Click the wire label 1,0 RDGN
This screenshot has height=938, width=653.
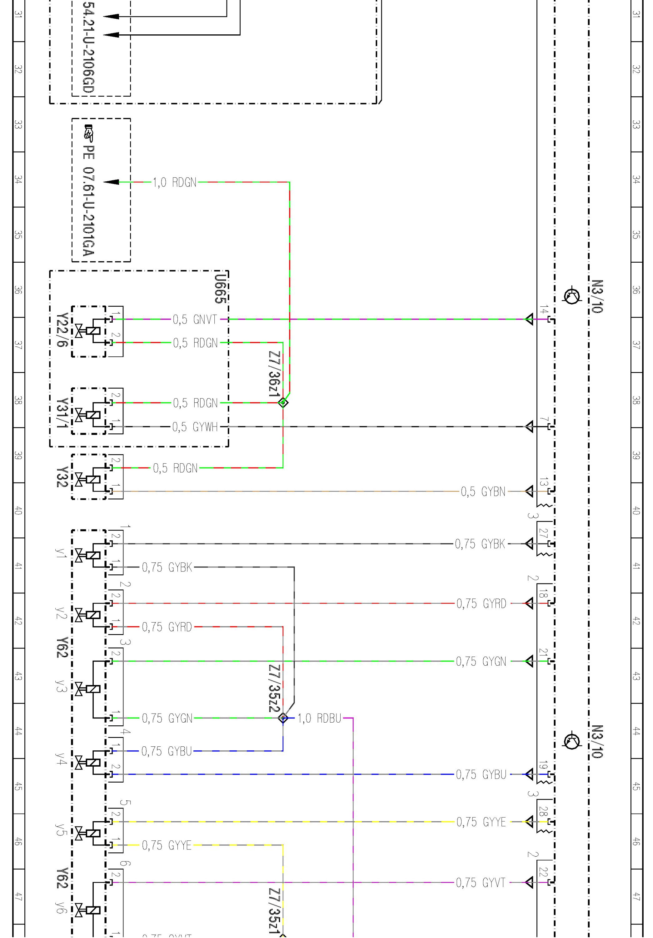click(x=174, y=182)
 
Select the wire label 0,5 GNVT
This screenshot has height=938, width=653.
click(x=195, y=320)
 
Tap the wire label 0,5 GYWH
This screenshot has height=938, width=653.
click(x=195, y=427)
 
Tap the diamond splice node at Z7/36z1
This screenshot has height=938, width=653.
click(x=283, y=403)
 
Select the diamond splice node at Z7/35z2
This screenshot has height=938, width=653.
click(x=283, y=718)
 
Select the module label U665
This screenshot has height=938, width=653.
click(x=220, y=288)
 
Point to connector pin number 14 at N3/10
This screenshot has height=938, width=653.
click(x=544, y=309)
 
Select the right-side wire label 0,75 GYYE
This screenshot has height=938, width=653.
click(x=481, y=822)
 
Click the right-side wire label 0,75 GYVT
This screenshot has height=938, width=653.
click(x=481, y=883)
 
